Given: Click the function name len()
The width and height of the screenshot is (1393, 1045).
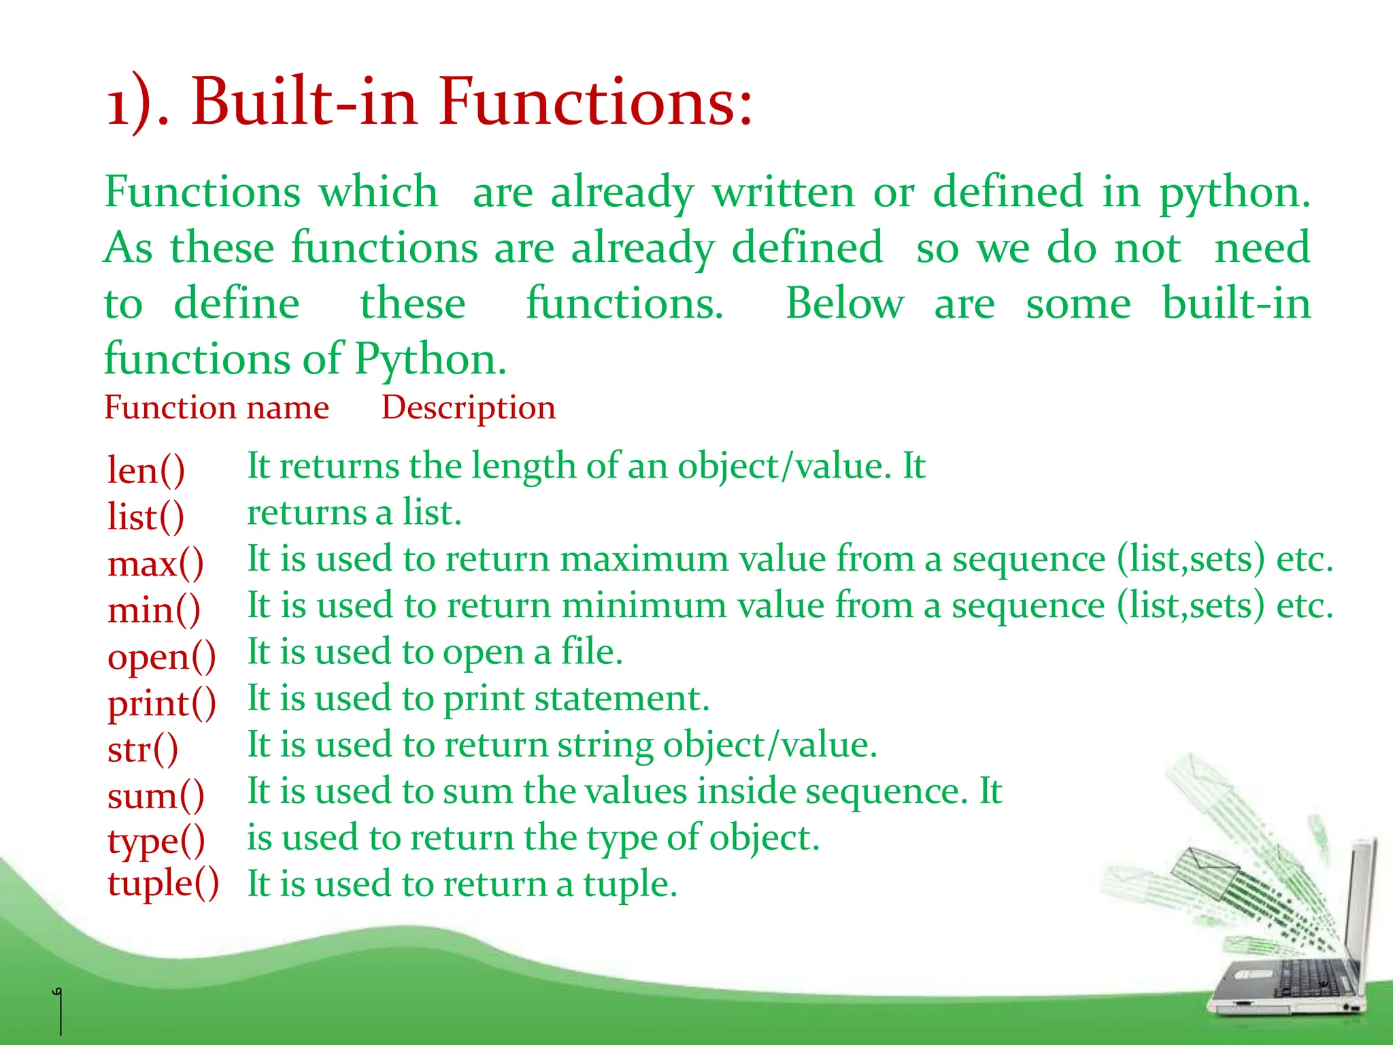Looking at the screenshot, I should pos(146,470).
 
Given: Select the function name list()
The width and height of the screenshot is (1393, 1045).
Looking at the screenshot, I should pos(146,516).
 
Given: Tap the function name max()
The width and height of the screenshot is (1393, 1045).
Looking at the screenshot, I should pos(155,563).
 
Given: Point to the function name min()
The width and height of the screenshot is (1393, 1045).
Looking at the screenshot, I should pos(154,610).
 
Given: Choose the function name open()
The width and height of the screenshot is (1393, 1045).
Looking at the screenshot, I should pos(161,657).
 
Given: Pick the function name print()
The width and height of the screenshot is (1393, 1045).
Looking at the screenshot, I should pos(161,703).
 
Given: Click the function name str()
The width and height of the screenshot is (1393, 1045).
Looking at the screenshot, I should pos(143,749).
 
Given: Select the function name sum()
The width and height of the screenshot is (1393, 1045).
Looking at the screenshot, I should pos(155,795).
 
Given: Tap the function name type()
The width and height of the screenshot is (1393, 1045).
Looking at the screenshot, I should pos(156,842).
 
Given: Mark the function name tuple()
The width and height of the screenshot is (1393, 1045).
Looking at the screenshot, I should pos(163,884).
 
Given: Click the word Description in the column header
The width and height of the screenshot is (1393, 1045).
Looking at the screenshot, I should pos(468,408).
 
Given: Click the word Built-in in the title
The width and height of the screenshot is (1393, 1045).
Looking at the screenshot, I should pos(303,102).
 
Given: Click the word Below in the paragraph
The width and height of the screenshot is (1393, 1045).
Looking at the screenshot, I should pos(844,303).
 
